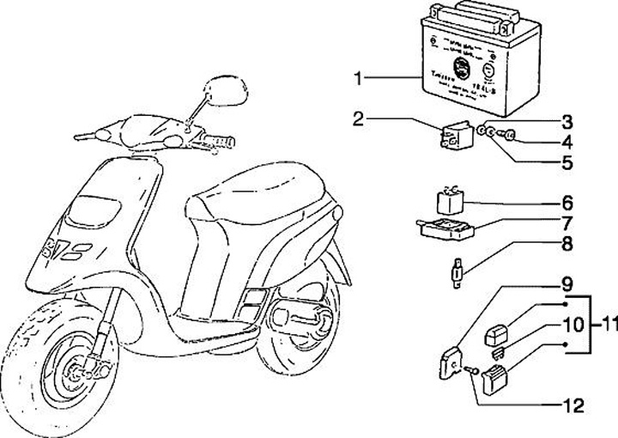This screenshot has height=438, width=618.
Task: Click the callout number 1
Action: (x=360, y=79)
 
